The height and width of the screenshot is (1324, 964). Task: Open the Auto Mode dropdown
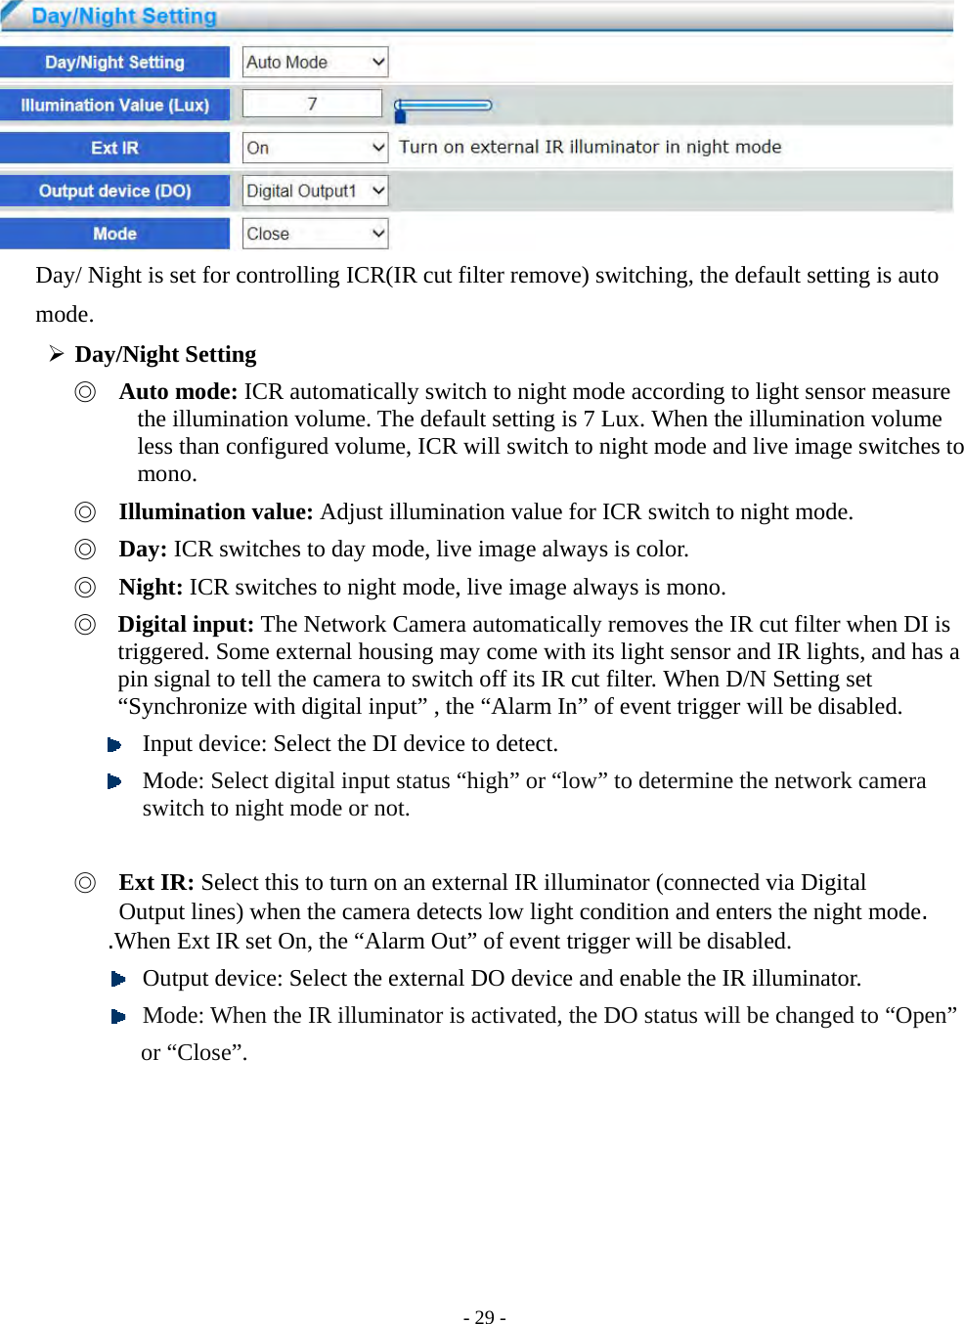point(315,63)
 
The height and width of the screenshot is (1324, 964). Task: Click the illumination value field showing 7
point(312,104)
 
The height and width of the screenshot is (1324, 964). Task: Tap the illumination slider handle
point(400,113)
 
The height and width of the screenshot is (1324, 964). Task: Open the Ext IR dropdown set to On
point(315,148)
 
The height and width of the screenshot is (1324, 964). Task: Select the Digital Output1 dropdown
point(315,191)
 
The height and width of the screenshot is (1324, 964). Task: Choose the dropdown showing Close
point(315,234)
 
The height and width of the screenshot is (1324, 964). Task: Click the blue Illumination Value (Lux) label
point(114,105)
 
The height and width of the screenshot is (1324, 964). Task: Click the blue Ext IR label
point(114,148)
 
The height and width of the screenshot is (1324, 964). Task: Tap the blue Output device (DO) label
point(114,191)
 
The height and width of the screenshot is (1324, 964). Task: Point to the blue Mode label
point(114,234)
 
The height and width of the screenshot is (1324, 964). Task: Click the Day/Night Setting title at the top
point(124,17)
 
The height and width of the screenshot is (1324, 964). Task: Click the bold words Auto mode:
point(178,392)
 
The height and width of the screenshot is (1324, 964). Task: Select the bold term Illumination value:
point(215,512)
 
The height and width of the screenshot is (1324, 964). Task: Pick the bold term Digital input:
point(186,625)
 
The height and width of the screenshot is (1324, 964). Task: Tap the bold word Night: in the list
point(151,588)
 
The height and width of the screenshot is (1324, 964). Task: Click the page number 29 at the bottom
point(484,1317)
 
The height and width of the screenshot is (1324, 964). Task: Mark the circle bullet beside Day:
point(86,550)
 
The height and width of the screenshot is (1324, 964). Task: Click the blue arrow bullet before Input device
point(114,745)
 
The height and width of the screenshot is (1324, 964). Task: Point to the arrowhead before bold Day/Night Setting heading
point(57,354)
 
